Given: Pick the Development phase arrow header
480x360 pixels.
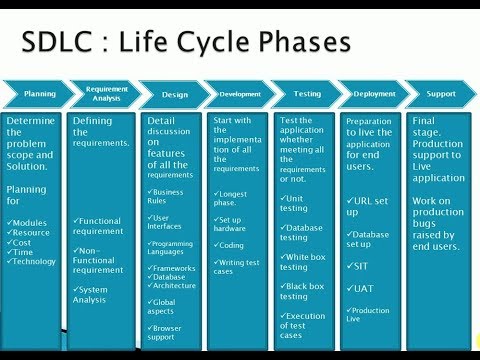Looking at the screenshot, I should tap(240, 94).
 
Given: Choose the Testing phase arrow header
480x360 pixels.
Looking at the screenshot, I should tap(306, 94).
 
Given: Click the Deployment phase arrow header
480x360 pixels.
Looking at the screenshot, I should tap(373, 94).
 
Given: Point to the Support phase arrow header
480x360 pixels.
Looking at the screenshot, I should tap(441, 94).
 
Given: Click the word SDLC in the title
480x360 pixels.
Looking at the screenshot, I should tap(63, 43).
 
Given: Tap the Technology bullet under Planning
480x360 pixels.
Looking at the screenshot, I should tap(36, 261).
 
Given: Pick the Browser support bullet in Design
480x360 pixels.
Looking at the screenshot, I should tap(172, 331).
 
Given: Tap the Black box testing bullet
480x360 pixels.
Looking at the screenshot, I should tap(306, 291).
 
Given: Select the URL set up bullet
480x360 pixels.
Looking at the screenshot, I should tap(373, 207).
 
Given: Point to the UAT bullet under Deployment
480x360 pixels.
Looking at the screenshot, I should tap(364, 287).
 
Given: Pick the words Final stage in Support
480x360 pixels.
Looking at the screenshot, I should tap(436, 126).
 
